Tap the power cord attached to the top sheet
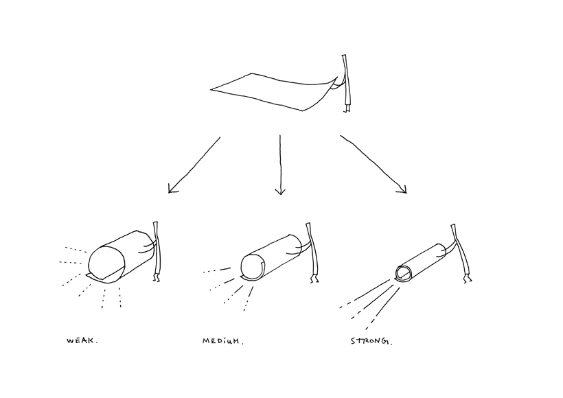pyautogui.click(x=347, y=82)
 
